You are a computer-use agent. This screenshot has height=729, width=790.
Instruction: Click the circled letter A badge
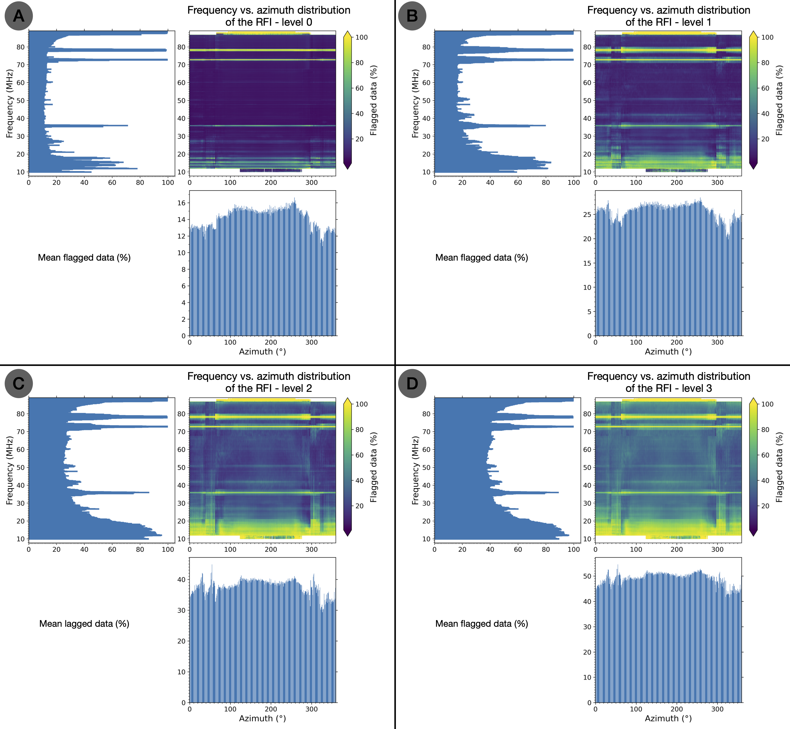19,16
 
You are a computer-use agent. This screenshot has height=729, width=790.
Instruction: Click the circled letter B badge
412,16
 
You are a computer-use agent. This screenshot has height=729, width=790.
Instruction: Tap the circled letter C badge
19,383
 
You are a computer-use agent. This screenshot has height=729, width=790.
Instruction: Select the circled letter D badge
412,383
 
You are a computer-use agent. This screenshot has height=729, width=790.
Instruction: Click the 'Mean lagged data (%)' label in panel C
84,624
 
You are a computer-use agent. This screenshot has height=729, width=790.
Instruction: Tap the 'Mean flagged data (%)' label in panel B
481,258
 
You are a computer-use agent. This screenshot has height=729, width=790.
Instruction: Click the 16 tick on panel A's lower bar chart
181,203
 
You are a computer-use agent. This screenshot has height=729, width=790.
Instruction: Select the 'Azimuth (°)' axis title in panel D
668,718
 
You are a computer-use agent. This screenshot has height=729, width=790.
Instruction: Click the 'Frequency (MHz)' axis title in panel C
10,470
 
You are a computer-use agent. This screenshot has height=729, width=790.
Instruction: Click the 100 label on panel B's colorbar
767,37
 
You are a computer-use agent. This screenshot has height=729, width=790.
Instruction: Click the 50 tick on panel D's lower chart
587,576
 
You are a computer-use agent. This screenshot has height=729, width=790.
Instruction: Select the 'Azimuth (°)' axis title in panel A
262,351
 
